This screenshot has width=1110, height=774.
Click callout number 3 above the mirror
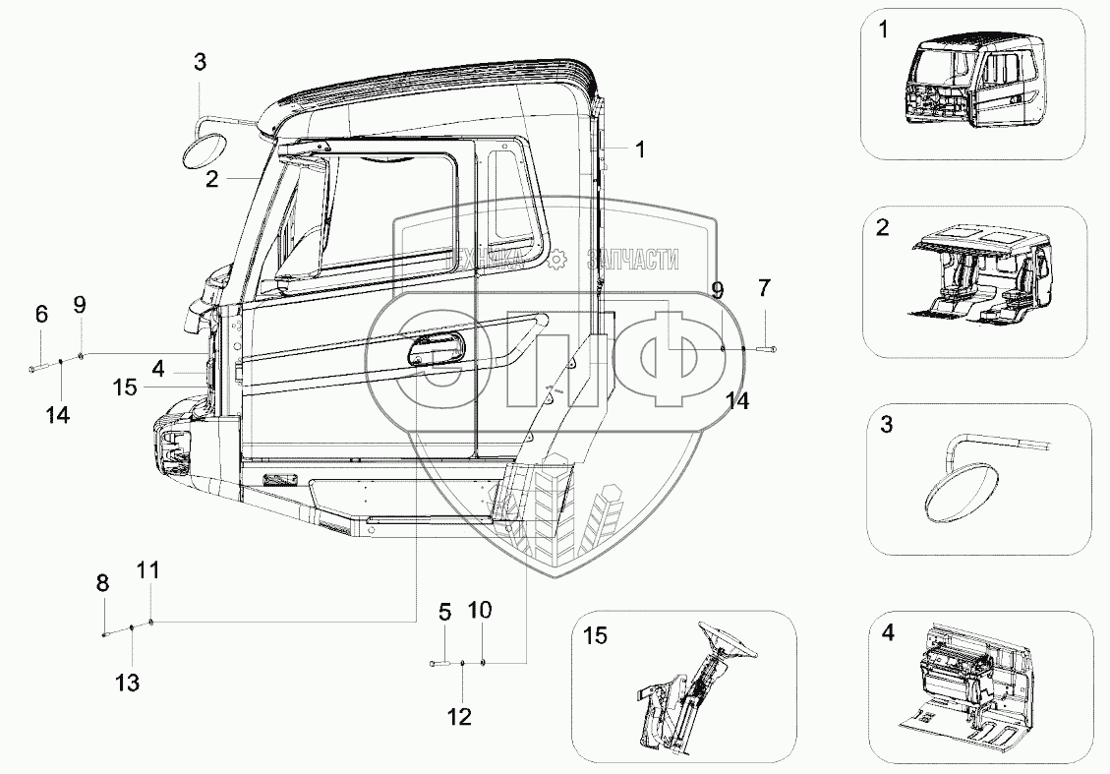click(x=200, y=63)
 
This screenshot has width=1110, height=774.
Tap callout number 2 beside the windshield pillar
click(x=211, y=179)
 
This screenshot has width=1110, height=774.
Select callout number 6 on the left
click(x=41, y=315)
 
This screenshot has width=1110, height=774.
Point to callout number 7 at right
click(x=766, y=288)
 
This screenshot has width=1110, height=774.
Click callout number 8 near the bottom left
click(x=102, y=583)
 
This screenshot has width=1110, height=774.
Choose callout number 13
click(x=129, y=682)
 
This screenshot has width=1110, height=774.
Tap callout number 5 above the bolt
click(x=444, y=613)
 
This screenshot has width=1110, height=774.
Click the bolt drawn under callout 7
click(x=768, y=348)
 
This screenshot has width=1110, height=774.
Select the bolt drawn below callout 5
click(x=439, y=665)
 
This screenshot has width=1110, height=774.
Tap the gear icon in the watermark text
click(x=556, y=259)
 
